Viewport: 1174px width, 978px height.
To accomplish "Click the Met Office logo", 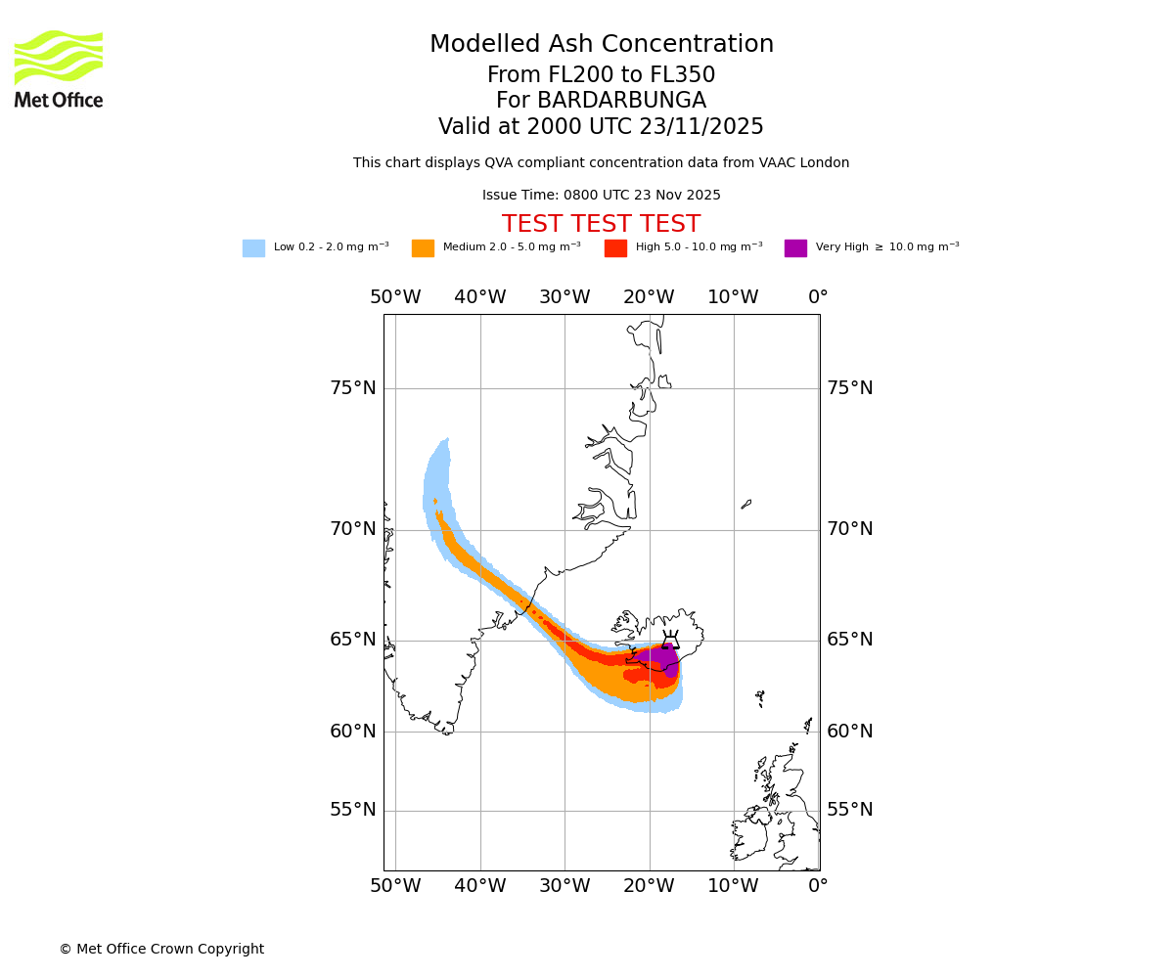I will click(x=59, y=68).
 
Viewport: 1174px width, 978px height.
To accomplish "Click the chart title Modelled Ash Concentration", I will click(x=601, y=45).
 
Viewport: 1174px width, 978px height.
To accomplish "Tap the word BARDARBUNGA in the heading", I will click(x=622, y=101).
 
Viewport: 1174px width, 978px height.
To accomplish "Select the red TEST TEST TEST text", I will click(x=601, y=224).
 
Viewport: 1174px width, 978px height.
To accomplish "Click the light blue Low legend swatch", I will click(x=253, y=248).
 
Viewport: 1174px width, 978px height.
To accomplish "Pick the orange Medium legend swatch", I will click(x=423, y=248).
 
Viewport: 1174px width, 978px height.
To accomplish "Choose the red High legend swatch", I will click(x=615, y=248).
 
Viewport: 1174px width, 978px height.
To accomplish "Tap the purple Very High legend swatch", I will click(x=795, y=248).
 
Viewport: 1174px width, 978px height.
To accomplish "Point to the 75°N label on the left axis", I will click(x=352, y=388).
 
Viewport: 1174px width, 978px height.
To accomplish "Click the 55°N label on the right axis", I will click(x=849, y=810).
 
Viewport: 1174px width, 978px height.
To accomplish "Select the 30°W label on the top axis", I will click(x=564, y=297).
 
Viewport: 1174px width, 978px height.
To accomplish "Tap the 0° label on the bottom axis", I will click(x=818, y=886).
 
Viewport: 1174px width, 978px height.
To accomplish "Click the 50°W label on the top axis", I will click(x=395, y=297).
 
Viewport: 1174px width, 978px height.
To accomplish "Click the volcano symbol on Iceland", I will click(x=670, y=642).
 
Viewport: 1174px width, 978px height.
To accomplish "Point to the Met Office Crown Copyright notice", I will click(x=161, y=949).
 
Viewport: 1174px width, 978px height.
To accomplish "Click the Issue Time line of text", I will click(x=601, y=195).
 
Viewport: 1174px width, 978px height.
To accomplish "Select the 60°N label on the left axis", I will click(x=352, y=732).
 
